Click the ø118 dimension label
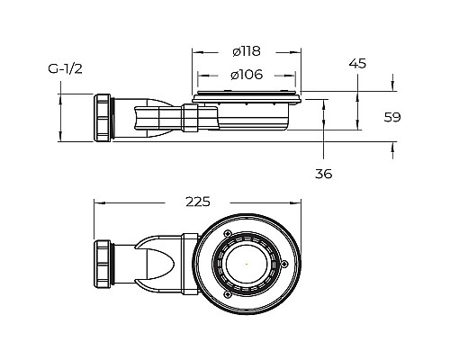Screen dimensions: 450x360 click(247, 51)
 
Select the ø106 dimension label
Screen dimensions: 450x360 click(247, 75)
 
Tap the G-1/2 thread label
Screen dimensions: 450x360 click(65, 69)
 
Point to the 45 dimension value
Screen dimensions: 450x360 click(357, 64)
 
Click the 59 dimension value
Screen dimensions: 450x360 click(392, 117)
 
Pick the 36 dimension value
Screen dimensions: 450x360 click(324, 174)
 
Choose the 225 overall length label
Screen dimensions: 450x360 click(198, 202)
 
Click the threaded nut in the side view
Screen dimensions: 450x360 click(103, 118)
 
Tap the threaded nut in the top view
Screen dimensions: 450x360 click(103, 264)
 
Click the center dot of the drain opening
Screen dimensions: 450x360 click(247, 264)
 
